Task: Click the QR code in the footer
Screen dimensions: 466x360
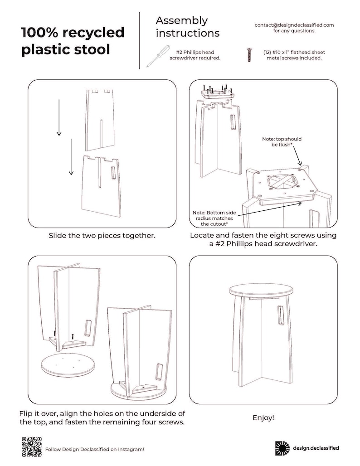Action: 31,446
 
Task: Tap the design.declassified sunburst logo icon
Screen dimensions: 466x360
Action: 282,448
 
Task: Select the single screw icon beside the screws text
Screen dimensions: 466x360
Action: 249,55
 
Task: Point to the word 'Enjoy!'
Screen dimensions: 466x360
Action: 263,417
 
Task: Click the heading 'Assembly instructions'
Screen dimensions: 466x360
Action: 187,27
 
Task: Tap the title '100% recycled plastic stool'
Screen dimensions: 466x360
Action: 73,40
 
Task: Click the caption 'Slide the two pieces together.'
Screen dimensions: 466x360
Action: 102,236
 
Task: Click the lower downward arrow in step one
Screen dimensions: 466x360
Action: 71,157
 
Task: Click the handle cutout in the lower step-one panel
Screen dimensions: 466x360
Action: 113,175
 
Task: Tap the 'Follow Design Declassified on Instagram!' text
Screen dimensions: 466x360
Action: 94,449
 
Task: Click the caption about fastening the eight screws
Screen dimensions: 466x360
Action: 263,239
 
